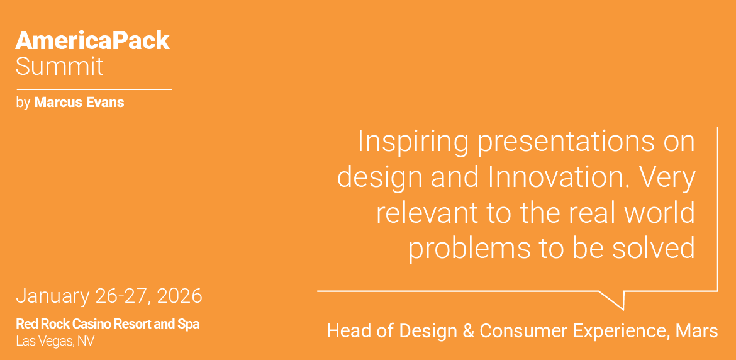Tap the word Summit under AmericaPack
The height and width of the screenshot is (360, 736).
pos(59,66)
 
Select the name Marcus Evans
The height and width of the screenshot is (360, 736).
pos(79,103)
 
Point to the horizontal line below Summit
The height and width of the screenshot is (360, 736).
pos(94,89)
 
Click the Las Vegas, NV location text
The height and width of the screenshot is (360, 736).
pos(55,341)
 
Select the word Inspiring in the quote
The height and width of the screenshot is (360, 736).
pos(412,142)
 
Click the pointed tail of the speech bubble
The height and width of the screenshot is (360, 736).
pos(623,309)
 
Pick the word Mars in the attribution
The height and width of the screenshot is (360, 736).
pos(696,331)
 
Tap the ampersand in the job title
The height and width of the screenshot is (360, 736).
pos(468,331)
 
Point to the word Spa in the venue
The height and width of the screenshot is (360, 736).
pos(191,324)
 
